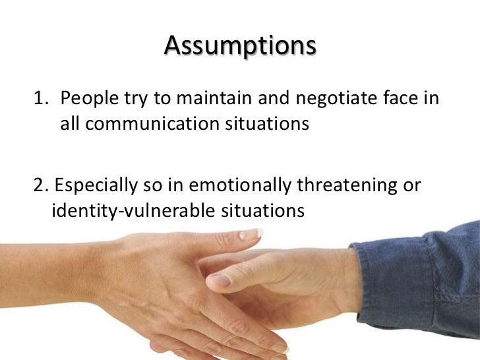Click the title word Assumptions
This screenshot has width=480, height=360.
coord(240,47)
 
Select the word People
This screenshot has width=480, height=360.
coord(88,99)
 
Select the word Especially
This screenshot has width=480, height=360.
coord(94,186)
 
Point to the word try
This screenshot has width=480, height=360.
coord(133,100)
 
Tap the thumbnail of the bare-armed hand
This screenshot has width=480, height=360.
coord(251,234)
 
